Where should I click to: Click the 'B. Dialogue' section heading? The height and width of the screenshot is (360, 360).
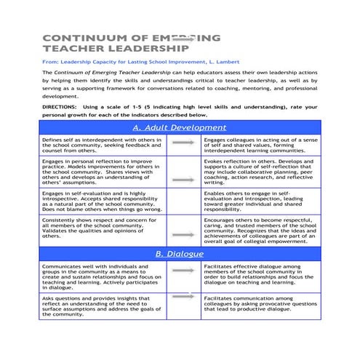179,253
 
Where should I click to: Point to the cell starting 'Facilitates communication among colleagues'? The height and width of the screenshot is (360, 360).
260,305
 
